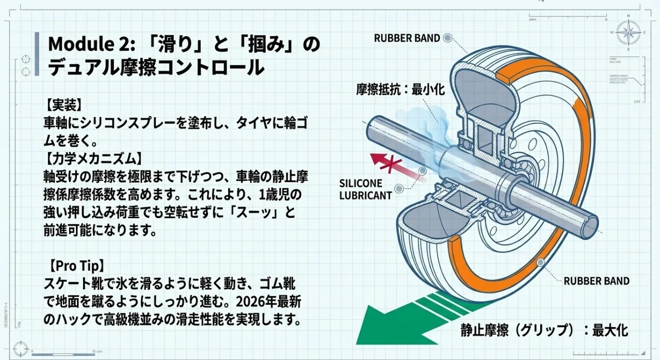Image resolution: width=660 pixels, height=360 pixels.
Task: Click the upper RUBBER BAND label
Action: tap(407, 38)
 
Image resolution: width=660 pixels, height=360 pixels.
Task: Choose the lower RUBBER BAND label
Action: tap(596, 281)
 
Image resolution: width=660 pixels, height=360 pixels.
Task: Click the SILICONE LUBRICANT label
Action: tap(365, 189)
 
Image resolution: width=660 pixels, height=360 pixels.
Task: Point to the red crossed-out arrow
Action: tap(392, 164)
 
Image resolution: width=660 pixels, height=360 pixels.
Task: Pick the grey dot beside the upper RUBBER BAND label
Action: tap(447, 38)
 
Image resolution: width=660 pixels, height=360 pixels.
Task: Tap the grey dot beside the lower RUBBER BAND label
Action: tap(540, 263)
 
